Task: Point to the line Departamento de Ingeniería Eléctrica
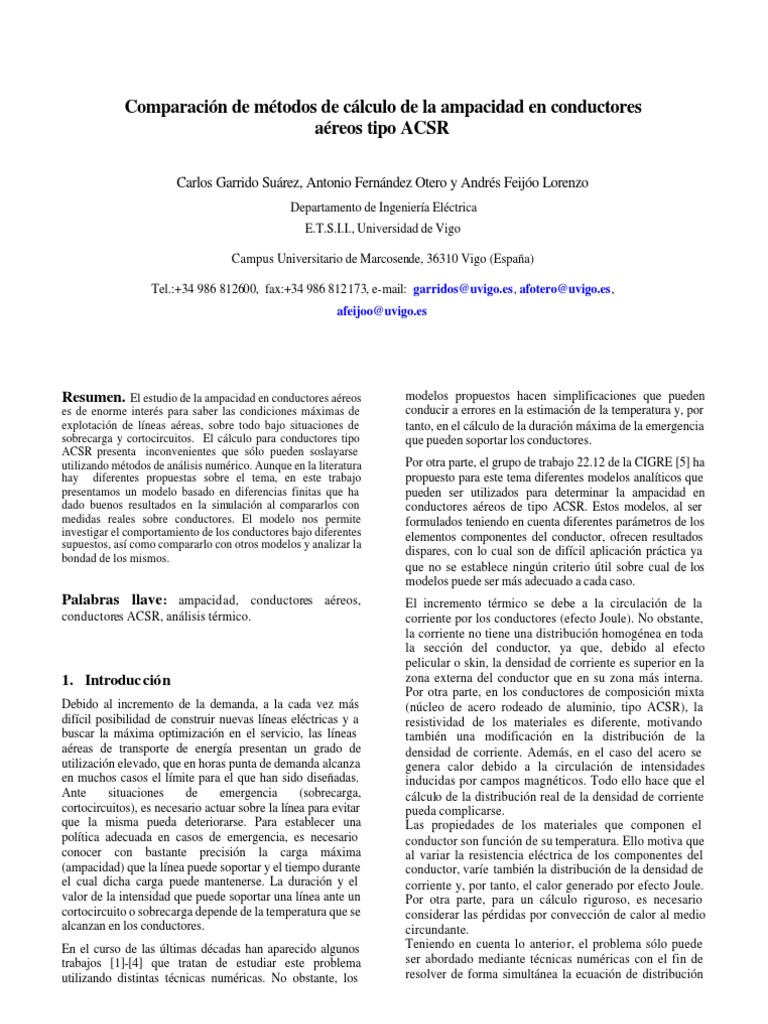[x=384, y=208]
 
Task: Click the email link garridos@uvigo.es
[x=463, y=288]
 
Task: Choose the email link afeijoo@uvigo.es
[x=383, y=311]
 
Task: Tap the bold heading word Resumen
[x=93, y=396]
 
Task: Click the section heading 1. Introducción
[x=117, y=680]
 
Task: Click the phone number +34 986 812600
[x=216, y=288]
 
